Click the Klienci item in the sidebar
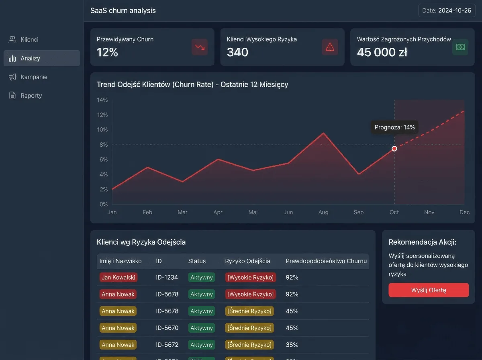(23, 39)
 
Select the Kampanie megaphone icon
(12, 77)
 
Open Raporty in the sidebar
(25, 96)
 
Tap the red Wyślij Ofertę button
(429, 290)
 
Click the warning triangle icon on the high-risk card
(330, 47)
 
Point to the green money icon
(460, 47)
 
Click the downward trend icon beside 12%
(200, 47)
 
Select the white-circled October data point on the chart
(394, 149)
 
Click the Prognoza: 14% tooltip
(394, 127)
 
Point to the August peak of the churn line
(323, 133)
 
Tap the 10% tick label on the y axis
(102, 130)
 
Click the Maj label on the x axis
(253, 212)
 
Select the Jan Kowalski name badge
(118, 277)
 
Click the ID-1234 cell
(167, 277)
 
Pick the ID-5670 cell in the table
(167, 328)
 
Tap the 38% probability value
(292, 345)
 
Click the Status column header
(197, 261)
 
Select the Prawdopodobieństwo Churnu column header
(326, 261)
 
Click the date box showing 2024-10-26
(447, 10)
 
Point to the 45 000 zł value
(382, 52)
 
